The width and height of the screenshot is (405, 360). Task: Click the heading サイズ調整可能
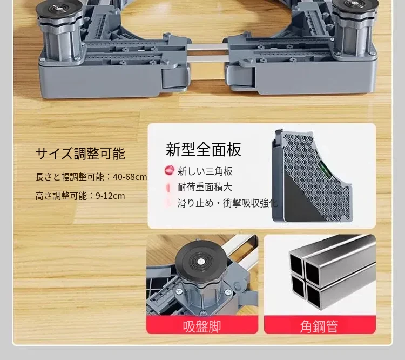(80, 154)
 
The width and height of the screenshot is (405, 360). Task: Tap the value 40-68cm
(130, 177)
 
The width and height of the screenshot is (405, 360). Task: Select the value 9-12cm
(110, 196)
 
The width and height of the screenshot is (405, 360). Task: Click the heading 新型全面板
(204, 150)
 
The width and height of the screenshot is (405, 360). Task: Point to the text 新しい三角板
(205, 171)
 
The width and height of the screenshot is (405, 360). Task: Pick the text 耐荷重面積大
(205, 187)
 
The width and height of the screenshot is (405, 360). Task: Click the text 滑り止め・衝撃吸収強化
(227, 203)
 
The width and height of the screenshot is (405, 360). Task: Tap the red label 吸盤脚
(202, 326)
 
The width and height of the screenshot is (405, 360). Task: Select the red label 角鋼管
(319, 326)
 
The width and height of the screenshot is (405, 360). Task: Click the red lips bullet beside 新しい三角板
(170, 171)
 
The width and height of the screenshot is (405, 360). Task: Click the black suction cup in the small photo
(201, 262)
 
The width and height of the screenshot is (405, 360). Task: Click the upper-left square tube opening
(296, 264)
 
